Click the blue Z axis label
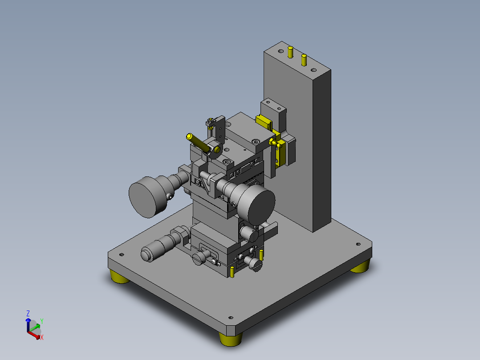point(28,313)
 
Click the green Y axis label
point(42,321)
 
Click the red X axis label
point(42,337)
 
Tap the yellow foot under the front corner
point(231,339)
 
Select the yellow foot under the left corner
point(119,277)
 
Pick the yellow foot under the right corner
point(360,267)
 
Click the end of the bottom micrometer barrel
point(146,254)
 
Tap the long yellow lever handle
point(199,143)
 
